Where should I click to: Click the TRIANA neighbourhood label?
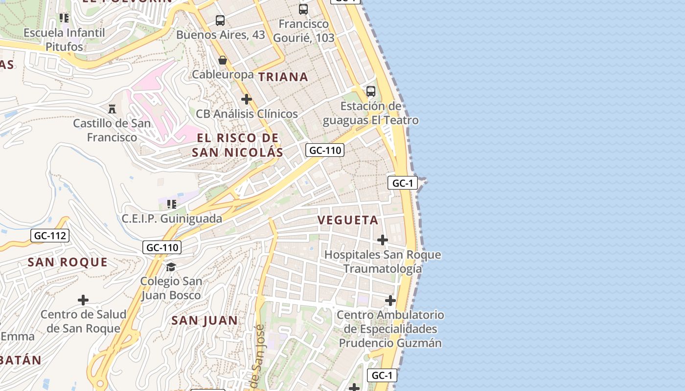(283, 77)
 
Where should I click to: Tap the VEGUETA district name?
(348, 220)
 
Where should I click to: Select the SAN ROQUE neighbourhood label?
(68, 262)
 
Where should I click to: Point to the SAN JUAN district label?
(205, 321)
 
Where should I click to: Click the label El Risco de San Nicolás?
(237, 145)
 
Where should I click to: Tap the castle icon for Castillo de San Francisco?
(112, 109)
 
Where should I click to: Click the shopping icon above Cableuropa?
(223, 60)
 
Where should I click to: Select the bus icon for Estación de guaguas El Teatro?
(371, 91)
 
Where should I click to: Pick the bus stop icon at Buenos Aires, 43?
(220, 21)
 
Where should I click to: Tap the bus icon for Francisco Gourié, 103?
(303, 9)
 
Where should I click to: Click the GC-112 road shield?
(50, 236)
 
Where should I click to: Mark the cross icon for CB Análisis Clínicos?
(247, 99)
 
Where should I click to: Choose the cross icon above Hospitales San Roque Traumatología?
(383, 240)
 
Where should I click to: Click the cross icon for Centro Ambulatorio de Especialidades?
(390, 300)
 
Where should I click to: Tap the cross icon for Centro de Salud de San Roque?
(83, 300)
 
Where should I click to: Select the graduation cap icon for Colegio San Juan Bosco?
(171, 267)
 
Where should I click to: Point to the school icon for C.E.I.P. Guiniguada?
(172, 204)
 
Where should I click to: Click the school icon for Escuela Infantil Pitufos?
(64, 18)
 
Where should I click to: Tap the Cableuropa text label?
(223, 75)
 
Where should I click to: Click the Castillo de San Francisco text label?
(112, 130)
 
